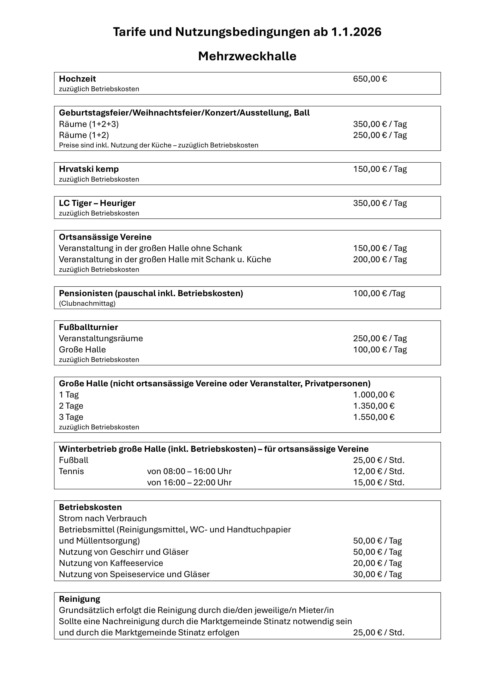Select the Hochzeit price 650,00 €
[370, 79]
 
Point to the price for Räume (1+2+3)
[380, 124]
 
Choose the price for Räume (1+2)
[380, 135]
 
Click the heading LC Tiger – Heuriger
[97, 203]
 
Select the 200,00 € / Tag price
[380, 259]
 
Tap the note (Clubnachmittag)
[87, 303]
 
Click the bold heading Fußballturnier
[88, 327]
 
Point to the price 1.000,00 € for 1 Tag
[374, 395]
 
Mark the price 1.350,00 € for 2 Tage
[374, 406]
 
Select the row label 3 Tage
[71, 417]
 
